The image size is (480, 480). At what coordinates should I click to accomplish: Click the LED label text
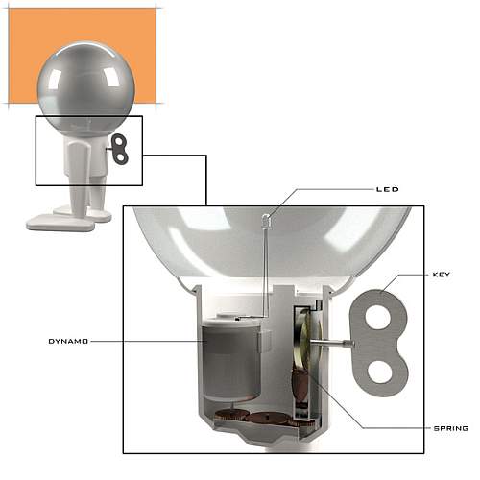pyautogui.click(x=388, y=189)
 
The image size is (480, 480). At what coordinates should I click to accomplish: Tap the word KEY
pyautogui.click(x=442, y=275)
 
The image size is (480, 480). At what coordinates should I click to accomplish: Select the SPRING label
pyautogui.click(x=451, y=428)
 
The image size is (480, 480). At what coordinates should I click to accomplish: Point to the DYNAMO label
pyautogui.click(x=68, y=342)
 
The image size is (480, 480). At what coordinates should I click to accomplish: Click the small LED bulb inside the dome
pyautogui.click(x=266, y=220)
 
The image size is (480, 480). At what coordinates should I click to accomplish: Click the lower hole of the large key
pyautogui.click(x=380, y=372)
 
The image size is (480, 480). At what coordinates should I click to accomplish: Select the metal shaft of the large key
pyautogui.click(x=332, y=343)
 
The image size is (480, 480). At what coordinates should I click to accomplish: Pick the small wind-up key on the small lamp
pyautogui.click(x=119, y=150)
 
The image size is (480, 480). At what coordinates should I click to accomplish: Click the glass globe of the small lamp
pyautogui.click(x=86, y=85)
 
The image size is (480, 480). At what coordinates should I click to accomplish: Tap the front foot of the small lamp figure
pyautogui.click(x=60, y=222)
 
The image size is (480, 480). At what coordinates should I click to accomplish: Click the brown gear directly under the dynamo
pyautogui.click(x=231, y=415)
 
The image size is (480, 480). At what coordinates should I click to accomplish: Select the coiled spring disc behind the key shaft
pyautogui.click(x=305, y=339)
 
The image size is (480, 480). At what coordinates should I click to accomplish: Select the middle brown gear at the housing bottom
pyautogui.click(x=269, y=418)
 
